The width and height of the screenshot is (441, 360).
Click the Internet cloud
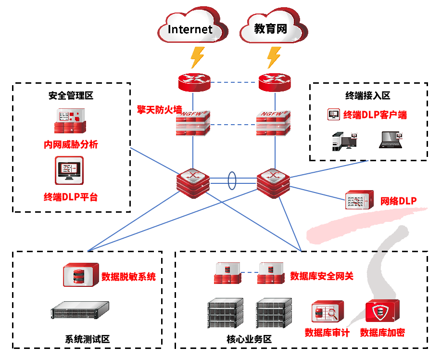point(191,28)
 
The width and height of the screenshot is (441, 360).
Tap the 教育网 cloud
point(271,28)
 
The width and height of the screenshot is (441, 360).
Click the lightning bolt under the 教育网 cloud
point(274,57)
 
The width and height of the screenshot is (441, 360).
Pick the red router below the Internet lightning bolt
point(194,82)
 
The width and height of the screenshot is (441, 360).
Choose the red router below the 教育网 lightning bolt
point(275,82)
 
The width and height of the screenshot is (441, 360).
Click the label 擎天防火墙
point(159,110)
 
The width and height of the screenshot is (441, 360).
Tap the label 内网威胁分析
point(71,144)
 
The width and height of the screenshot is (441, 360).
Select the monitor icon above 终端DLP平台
point(69,170)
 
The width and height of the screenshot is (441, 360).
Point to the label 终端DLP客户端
point(375,115)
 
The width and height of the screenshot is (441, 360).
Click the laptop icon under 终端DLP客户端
point(391,139)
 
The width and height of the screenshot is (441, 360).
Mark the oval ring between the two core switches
point(233,181)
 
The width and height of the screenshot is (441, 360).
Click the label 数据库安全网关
point(321,276)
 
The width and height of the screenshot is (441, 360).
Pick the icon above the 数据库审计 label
point(328,312)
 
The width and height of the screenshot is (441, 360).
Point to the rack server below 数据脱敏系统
point(80,310)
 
